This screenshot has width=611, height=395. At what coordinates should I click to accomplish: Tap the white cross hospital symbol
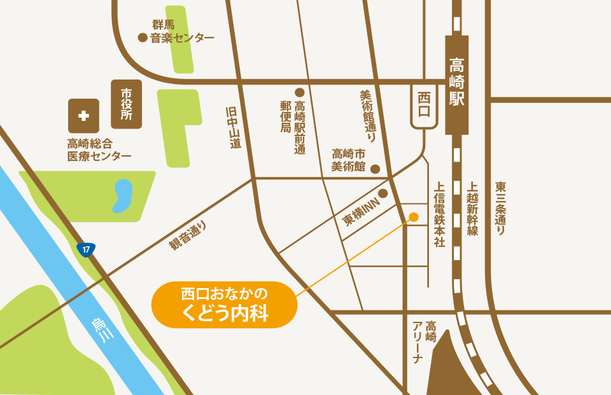click(x=83, y=116)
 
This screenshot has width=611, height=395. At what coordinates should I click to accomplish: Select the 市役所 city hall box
click(x=127, y=104)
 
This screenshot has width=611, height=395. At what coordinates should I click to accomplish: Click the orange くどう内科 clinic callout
click(x=224, y=304)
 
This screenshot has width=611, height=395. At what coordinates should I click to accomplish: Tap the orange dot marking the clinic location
click(x=413, y=217)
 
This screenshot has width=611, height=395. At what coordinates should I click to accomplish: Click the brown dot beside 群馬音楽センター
click(x=143, y=38)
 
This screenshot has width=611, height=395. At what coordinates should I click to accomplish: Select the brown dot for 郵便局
click(x=299, y=92)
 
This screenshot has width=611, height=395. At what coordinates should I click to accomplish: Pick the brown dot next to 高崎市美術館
click(x=376, y=169)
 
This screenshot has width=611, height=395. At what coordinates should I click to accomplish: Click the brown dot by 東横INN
click(x=383, y=193)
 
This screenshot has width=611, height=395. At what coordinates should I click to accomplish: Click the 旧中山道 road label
click(x=234, y=127)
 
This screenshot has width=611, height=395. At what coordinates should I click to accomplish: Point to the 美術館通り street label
click(x=367, y=115)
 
